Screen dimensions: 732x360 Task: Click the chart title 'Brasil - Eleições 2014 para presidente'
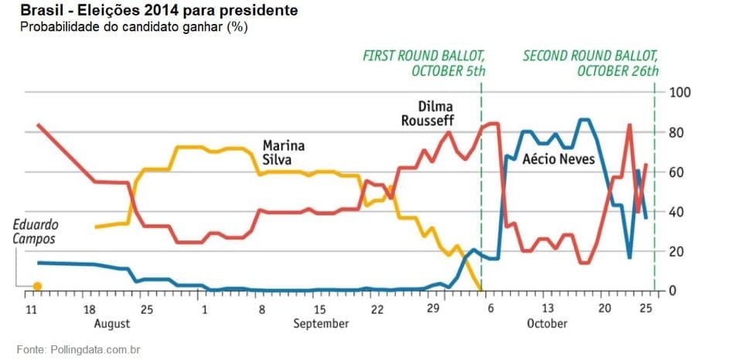tap(158, 10)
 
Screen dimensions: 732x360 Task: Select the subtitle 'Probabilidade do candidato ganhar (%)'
tap(134, 27)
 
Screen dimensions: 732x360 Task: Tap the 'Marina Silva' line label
tap(284, 152)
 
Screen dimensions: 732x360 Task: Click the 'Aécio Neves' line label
tap(558, 159)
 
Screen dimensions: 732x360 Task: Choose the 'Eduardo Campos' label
tap(36, 232)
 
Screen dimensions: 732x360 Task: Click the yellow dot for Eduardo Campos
tap(37, 286)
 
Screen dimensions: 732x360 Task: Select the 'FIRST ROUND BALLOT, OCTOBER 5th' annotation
tap(424, 64)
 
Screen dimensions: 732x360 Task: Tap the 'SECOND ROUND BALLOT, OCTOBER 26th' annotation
tap(591, 64)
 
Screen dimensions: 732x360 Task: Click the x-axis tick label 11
tap(31, 309)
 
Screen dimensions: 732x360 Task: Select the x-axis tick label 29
tap(433, 309)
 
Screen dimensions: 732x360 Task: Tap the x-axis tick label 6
tap(491, 309)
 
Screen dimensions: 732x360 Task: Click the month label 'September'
tap(321, 324)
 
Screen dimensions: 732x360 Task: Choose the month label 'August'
tap(112, 324)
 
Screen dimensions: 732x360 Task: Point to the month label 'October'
tap(547, 324)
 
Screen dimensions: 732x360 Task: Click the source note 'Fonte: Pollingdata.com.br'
tap(79, 349)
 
